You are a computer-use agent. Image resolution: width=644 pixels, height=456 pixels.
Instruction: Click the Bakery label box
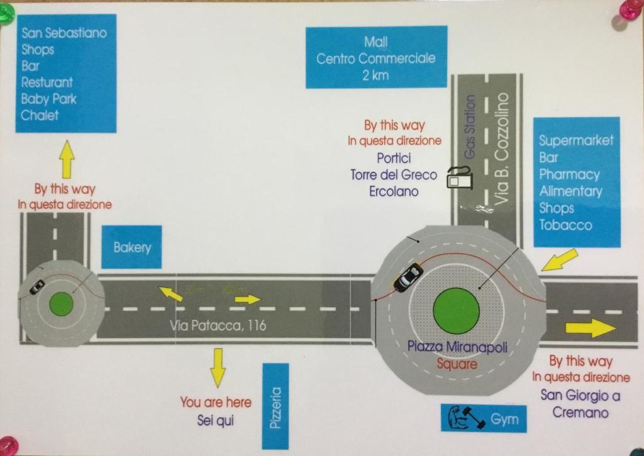pyautogui.click(x=131, y=247)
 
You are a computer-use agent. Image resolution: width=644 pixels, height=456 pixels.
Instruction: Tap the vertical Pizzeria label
pyautogui.click(x=275, y=406)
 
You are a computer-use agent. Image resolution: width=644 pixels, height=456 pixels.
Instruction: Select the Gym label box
pyautogui.click(x=482, y=418)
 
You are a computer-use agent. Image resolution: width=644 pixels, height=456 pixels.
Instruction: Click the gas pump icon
pyautogui.click(x=460, y=178)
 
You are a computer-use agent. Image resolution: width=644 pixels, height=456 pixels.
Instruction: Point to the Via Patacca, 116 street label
pyautogui.click(x=218, y=326)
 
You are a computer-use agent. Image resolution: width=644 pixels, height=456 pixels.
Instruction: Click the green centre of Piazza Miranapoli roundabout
pyautogui.click(x=456, y=311)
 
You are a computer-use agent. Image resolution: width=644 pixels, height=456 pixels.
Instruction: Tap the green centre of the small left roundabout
pyautogui.click(x=62, y=304)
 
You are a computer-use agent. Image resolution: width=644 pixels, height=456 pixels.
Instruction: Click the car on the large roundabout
pyautogui.click(x=408, y=277)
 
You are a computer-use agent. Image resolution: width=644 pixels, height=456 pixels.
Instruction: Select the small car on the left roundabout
pyautogui.click(x=37, y=286)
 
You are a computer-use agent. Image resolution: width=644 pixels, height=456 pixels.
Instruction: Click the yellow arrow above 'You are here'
pyautogui.click(x=218, y=367)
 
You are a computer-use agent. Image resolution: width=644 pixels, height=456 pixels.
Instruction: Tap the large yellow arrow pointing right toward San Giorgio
pyautogui.click(x=591, y=328)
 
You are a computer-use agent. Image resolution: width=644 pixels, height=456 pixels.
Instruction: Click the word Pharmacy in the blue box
pyautogui.click(x=569, y=174)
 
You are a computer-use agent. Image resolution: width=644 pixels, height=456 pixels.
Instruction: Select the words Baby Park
pyautogui.click(x=48, y=99)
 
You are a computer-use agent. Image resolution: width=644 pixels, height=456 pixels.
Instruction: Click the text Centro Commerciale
pyautogui.click(x=375, y=59)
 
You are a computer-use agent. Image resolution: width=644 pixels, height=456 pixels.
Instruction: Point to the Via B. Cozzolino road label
pyautogui.click(x=502, y=149)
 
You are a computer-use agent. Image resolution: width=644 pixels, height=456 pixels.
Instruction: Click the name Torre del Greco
pyautogui.click(x=394, y=174)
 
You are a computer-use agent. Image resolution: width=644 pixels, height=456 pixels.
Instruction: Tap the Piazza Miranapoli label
pyautogui.click(x=457, y=346)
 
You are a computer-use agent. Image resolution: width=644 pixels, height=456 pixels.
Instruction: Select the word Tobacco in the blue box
pyautogui.click(x=565, y=225)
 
